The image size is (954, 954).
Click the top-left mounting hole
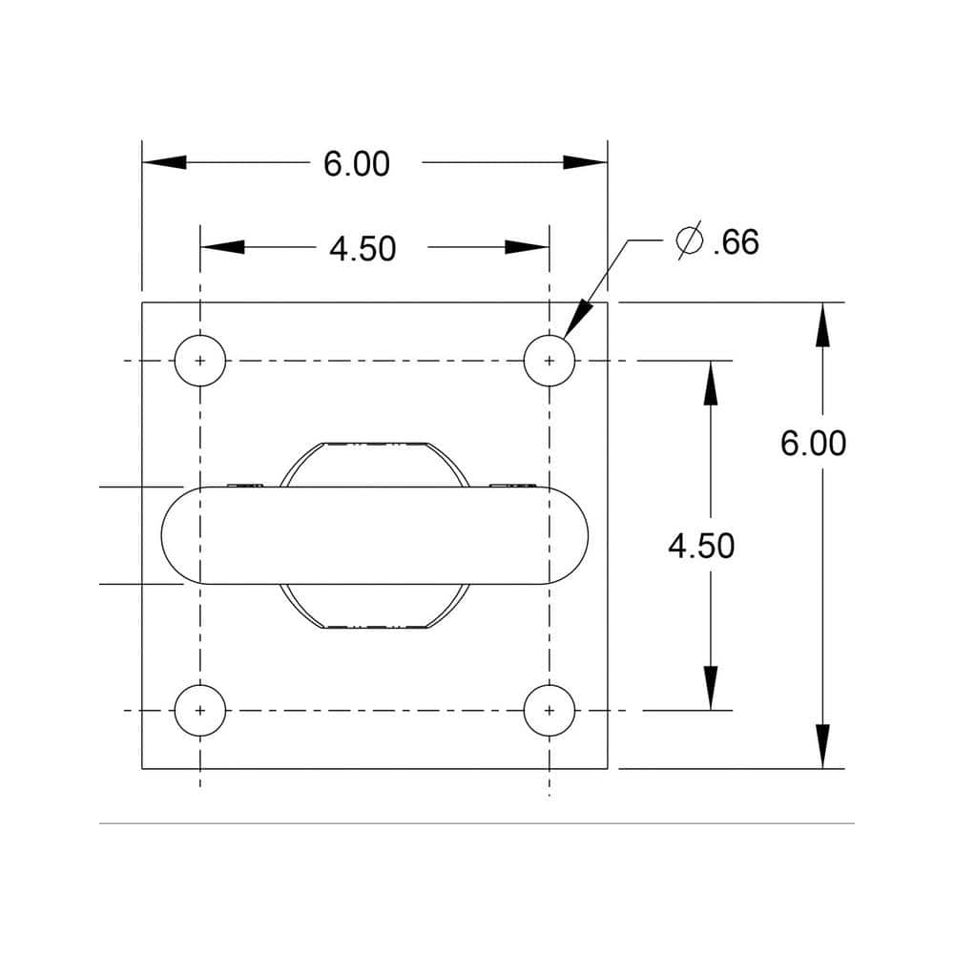(x=200, y=362)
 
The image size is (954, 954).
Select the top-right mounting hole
(x=550, y=362)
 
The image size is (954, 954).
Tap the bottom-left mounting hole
(x=200, y=711)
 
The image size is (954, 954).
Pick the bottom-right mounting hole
(x=550, y=711)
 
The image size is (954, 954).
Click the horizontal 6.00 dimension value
(x=357, y=164)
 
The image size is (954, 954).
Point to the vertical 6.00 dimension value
(x=813, y=444)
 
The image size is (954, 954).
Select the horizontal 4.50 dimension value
(x=363, y=249)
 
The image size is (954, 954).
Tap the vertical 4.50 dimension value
(x=701, y=547)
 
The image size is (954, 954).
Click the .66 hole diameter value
(x=736, y=242)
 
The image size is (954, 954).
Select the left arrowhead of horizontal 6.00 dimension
(x=164, y=163)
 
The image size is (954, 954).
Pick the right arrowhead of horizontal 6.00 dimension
(x=586, y=163)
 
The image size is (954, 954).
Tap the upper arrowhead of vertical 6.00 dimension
(x=822, y=324)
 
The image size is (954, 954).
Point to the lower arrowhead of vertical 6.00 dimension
(x=822, y=747)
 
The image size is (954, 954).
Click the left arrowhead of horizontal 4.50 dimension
(x=222, y=247)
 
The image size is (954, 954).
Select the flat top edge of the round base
(x=374, y=444)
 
